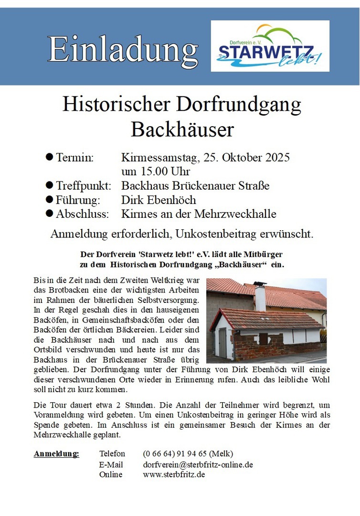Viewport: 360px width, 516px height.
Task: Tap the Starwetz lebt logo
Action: tap(270, 46)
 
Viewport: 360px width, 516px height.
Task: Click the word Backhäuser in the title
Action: tap(182, 129)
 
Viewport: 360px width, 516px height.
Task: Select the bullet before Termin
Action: tap(49, 157)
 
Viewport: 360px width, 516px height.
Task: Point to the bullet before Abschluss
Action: tap(49, 214)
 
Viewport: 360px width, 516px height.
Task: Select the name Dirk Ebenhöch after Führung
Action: tap(159, 200)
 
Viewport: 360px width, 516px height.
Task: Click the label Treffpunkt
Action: tap(84, 185)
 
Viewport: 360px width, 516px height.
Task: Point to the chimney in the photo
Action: tap(260, 296)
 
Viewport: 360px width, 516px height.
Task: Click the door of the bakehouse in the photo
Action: tap(222, 343)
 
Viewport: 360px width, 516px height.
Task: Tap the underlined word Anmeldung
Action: tap(56, 453)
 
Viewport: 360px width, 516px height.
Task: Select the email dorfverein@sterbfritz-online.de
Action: tap(198, 464)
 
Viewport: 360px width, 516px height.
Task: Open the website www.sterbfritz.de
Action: tap(174, 474)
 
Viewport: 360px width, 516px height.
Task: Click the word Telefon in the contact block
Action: tap(112, 453)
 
